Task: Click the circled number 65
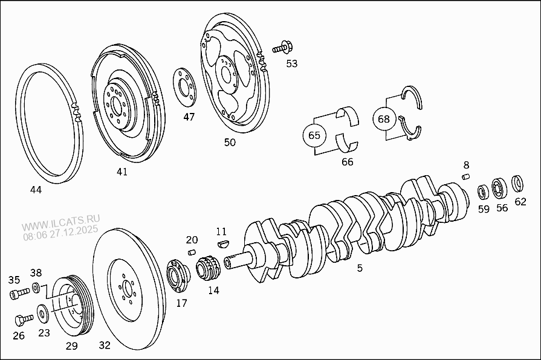tap(314, 135)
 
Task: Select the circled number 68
tap(384, 118)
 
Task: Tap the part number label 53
tap(292, 63)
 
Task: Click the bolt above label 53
tap(282, 47)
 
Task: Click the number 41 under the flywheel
tap(122, 172)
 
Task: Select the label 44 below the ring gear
tap(36, 190)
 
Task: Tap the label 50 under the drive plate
tap(230, 143)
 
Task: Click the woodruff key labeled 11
tap(222, 243)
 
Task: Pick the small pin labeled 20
tap(192, 252)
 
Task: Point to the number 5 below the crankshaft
tap(360, 268)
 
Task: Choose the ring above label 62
tap(518, 182)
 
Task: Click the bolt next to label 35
tap(19, 294)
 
